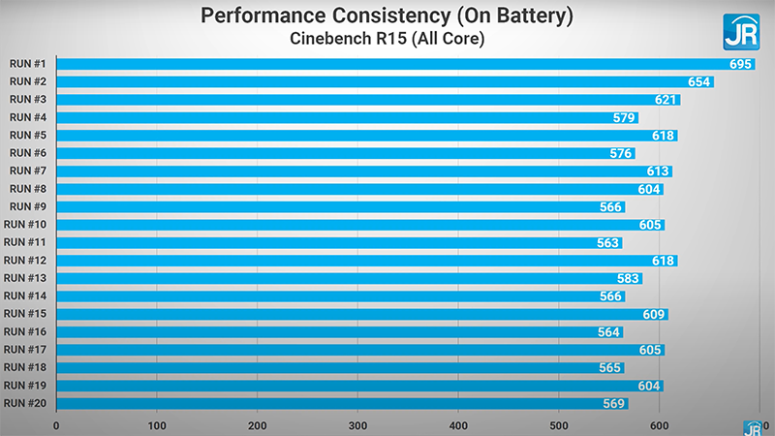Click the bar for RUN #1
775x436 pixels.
tap(387, 64)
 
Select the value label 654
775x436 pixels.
tap(699, 82)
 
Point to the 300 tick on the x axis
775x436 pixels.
tap(358, 424)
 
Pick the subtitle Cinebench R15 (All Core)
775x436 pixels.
tap(387, 39)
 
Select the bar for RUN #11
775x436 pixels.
tap(329, 243)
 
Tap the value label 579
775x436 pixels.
tap(624, 118)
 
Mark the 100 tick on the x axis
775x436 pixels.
tap(158, 424)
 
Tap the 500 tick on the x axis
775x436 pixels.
tap(559, 424)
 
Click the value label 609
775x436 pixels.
tap(654, 314)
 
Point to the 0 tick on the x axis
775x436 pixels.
tap(57, 424)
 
